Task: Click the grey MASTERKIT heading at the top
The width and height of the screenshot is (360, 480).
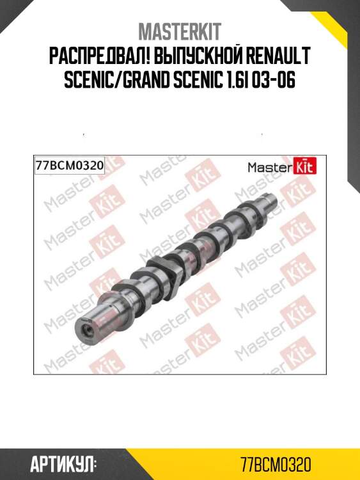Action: pyautogui.click(x=180, y=31)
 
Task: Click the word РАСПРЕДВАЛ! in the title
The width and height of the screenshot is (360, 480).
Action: pyautogui.click(x=98, y=56)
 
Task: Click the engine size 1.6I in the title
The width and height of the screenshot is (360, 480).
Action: pyautogui.click(x=233, y=80)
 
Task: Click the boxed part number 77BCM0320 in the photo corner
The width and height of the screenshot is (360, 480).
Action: pyautogui.click(x=70, y=166)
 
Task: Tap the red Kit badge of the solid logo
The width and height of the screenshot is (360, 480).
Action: pyautogui.click(x=305, y=166)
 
